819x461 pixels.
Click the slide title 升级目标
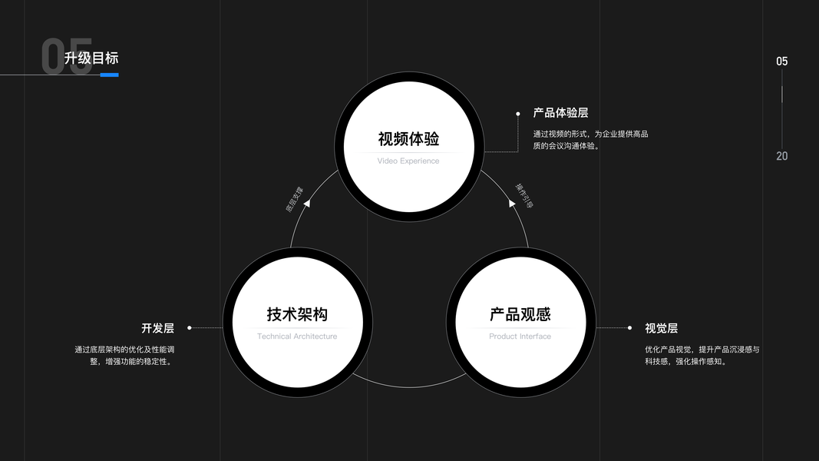click(x=91, y=58)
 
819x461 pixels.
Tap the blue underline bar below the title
click(x=109, y=75)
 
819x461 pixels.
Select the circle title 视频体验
click(x=408, y=139)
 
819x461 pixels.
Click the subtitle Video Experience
click(x=408, y=161)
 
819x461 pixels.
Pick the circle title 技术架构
click(x=297, y=314)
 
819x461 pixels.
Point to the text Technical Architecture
click(x=297, y=337)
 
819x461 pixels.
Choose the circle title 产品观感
click(x=520, y=314)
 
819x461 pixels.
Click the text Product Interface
click(x=520, y=337)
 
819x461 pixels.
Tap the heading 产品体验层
click(x=560, y=113)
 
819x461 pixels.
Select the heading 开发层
click(x=157, y=328)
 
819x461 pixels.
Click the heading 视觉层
click(x=661, y=328)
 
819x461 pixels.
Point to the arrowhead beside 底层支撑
click(x=307, y=203)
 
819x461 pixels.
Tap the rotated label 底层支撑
click(x=295, y=198)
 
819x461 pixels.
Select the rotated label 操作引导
click(x=523, y=195)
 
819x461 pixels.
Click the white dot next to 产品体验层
click(x=518, y=113)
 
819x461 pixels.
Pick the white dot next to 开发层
click(x=190, y=328)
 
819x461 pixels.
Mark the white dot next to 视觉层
click(x=629, y=328)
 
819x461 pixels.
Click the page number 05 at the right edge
click(x=781, y=61)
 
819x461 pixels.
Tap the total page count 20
click(x=781, y=156)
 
